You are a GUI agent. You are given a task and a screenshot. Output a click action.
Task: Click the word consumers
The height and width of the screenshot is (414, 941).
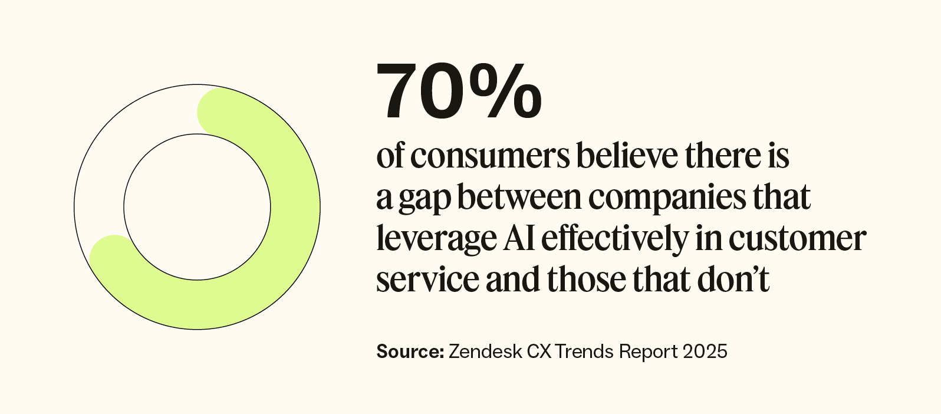pos(490,157)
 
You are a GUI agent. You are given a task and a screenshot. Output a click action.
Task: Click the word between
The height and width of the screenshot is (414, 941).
pos(519,198)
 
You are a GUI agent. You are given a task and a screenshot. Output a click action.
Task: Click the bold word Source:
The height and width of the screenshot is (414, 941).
pos(410,351)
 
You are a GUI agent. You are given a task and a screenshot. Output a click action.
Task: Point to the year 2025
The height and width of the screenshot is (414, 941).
pos(705,351)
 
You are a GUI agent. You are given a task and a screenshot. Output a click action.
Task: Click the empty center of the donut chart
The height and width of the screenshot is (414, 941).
pos(197,207)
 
